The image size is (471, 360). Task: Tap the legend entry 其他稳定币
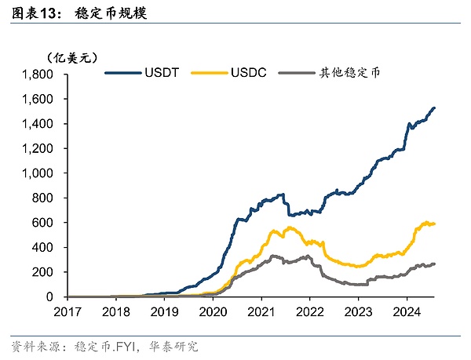(349, 74)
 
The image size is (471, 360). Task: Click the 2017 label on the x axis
(68, 311)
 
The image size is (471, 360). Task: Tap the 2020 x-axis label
(213, 311)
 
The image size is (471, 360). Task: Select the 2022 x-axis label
(309, 311)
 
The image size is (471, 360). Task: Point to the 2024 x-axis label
(406, 311)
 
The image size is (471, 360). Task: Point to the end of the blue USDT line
(434, 107)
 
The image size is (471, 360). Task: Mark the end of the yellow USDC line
(434, 224)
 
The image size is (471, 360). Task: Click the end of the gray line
(434, 264)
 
